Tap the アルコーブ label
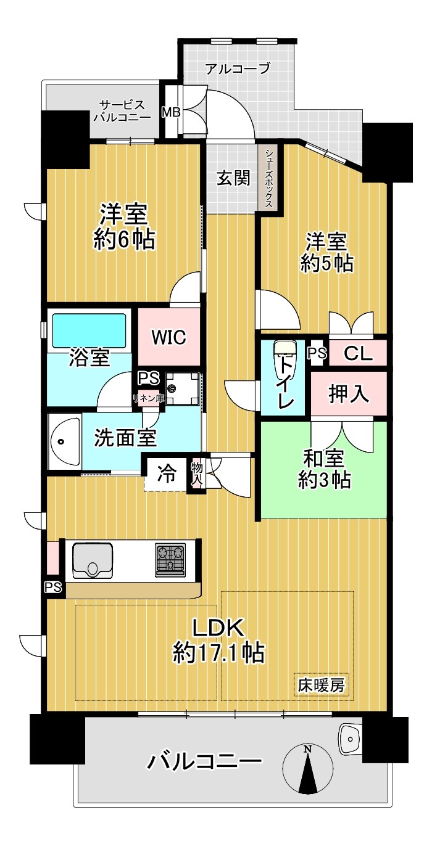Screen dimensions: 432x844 (238, 68)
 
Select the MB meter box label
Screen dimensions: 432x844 (172, 112)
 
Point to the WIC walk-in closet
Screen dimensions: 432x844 (168, 337)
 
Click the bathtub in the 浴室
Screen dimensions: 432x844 (89, 330)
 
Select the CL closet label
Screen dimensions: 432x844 (358, 353)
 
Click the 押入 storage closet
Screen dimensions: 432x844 (349, 394)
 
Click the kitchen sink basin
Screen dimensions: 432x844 (93, 560)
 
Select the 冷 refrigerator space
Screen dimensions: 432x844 (166, 473)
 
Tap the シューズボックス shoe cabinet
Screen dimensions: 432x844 (270, 179)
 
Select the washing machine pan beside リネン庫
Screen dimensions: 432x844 (183, 388)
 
